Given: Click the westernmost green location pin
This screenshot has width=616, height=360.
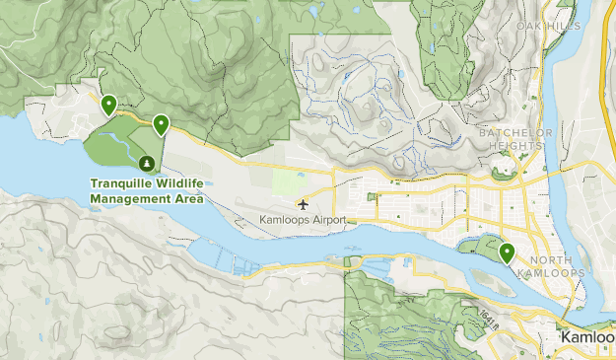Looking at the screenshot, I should click(x=107, y=104).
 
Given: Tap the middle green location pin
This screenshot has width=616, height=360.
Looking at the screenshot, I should click(x=160, y=123).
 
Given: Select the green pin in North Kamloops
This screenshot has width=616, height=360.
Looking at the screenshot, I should click(x=508, y=252).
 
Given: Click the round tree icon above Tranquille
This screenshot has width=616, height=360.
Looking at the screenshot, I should click(x=146, y=163).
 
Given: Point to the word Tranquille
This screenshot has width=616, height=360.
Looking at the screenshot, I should click(x=123, y=183).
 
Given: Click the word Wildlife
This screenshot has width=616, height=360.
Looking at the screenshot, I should click(x=180, y=183).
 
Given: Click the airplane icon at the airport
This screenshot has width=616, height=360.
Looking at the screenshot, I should click(x=302, y=204).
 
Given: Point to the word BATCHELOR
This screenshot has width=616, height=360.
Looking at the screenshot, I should click(x=511, y=132).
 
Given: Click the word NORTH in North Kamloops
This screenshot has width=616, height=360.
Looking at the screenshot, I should click(x=558, y=259).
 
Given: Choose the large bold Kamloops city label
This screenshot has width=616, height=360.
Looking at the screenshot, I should click(x=587, y=338).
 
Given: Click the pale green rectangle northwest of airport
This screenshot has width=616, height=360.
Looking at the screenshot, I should click(x=289, y=181).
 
